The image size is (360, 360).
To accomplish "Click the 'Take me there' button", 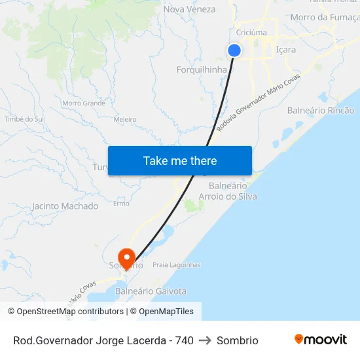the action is pyautogui.click(x=180, y=160).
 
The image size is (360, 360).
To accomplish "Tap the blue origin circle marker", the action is pyautogui.click(x=234, y=50).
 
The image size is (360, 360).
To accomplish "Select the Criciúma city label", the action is pyautogui.click(x=251, y=32).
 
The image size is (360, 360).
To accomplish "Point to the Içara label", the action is pyautogui.click(x=286, y=50).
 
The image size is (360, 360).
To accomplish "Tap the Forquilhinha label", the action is pyautogui.click(x=202, y=69).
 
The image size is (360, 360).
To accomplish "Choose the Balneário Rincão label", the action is pyautogui.click(x=321, y=110).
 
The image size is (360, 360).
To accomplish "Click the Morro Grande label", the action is pyautogui.click(x=84, y=103).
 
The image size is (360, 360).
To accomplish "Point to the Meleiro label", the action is pyautogui.click(x=125, y=120).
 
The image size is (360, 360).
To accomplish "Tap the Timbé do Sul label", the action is pyautogui.click(x=24, y=119).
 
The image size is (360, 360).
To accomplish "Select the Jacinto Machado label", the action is pyautogui.click(x=65, y=206).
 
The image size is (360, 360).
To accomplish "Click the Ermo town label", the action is pyautogui.click(x=121, y=204).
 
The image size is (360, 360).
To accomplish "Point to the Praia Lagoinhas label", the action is pyautogui.click(x=176, y=265).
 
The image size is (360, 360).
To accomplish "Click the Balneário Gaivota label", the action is pyautogui.click(x=151, y=291).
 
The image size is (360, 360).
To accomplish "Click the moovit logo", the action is pyautogui.click(x=321, y=340).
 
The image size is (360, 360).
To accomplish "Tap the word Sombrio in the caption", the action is pyautogui.click(x=237, y=340).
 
